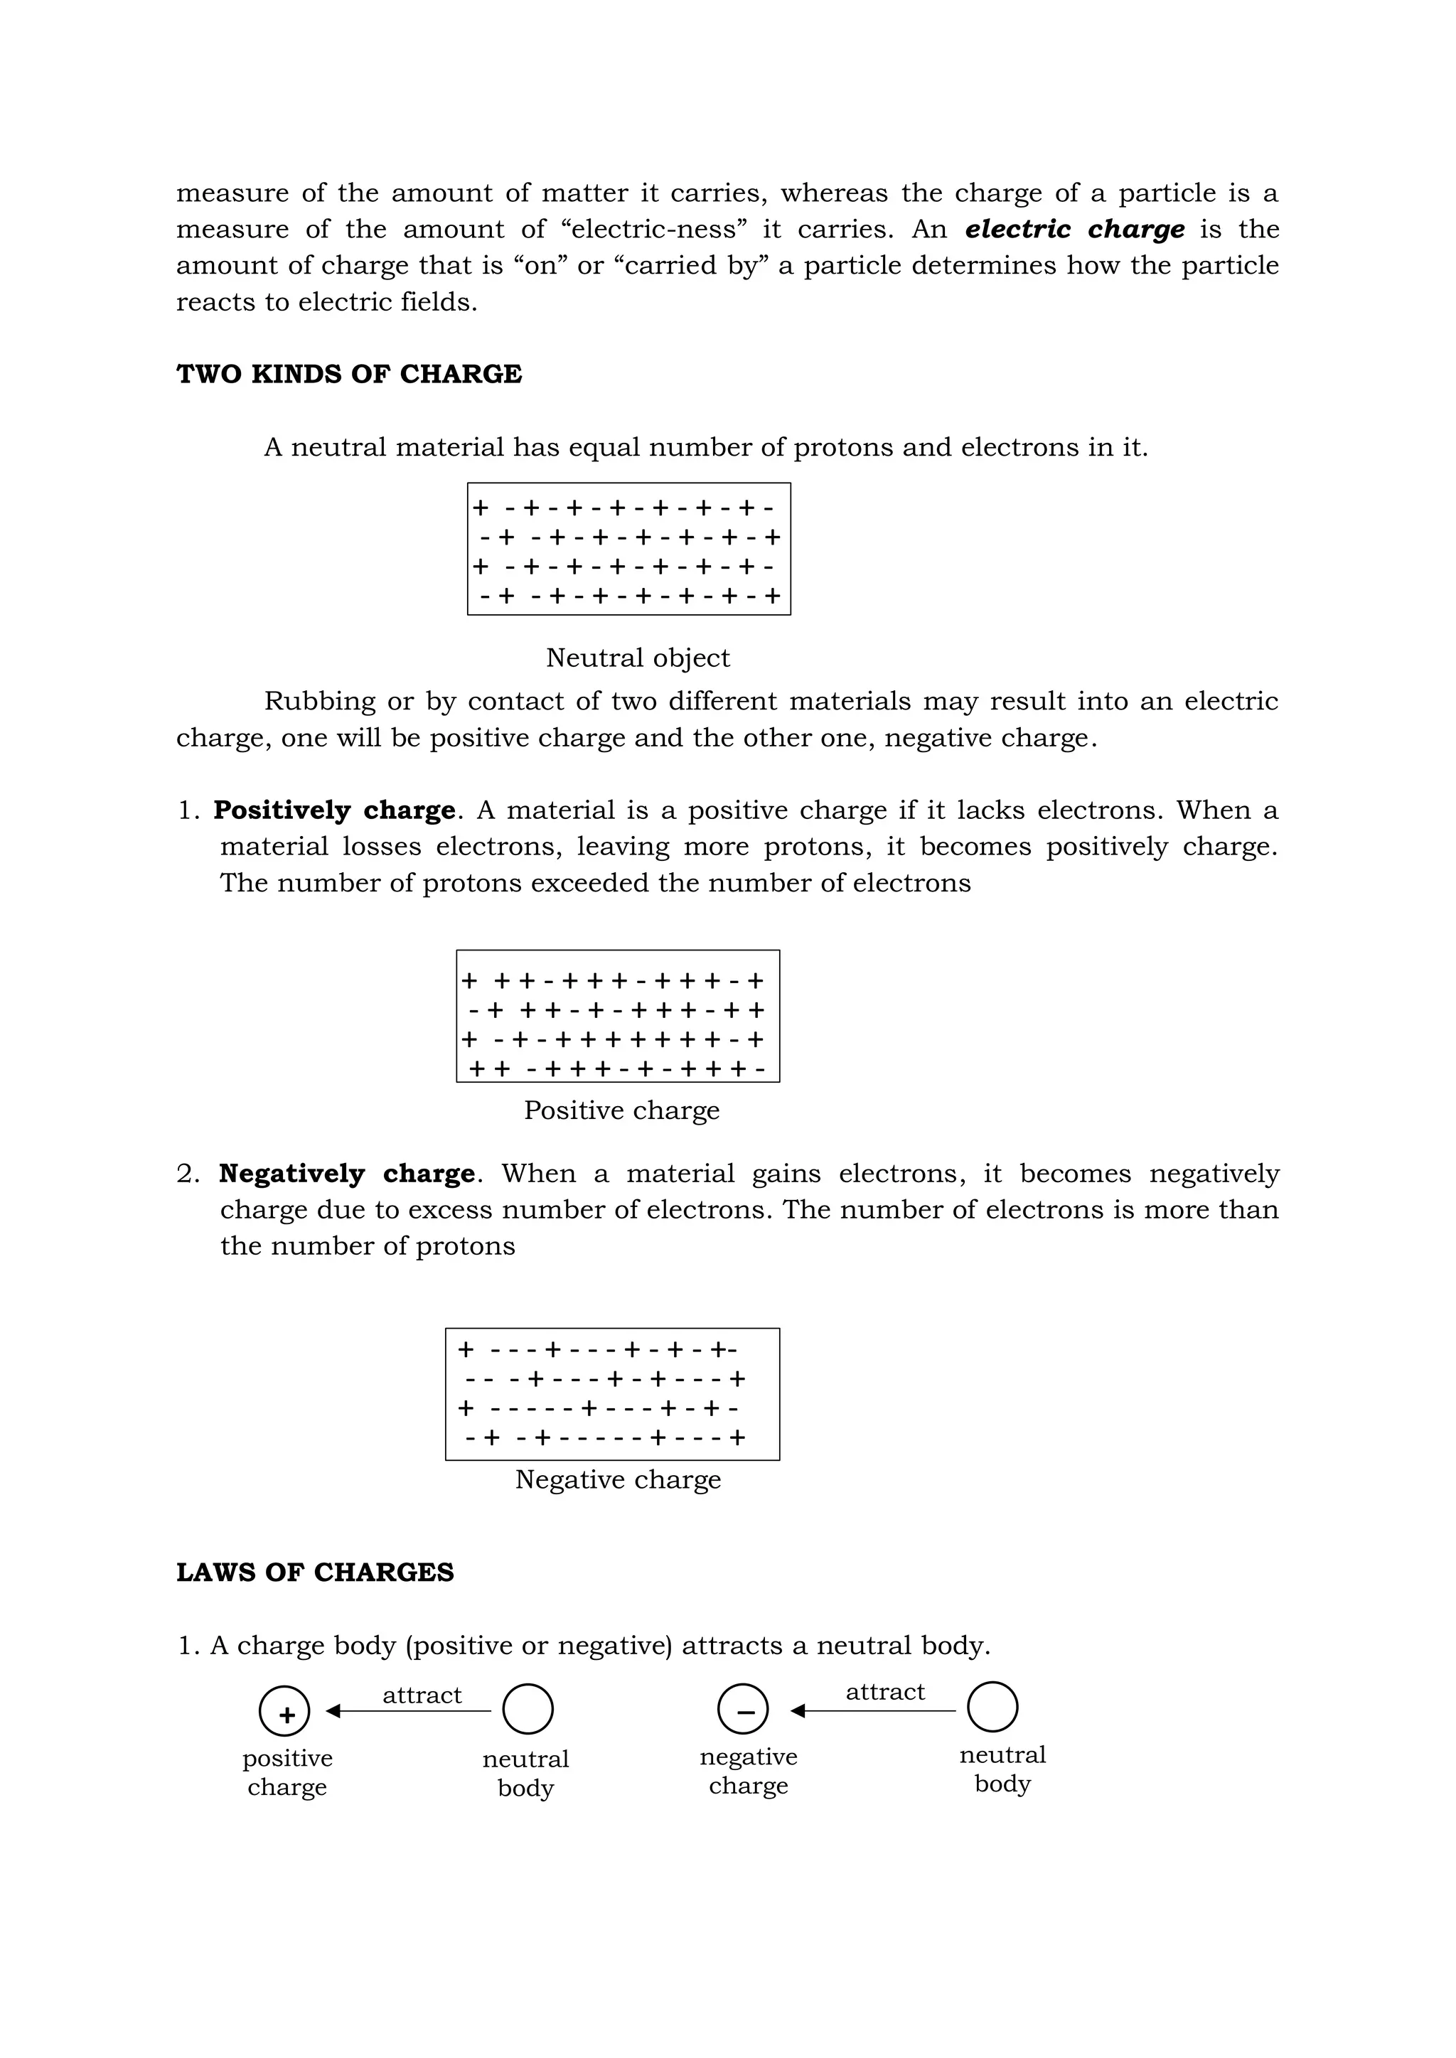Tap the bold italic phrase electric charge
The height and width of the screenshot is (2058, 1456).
(x=1074, y=230)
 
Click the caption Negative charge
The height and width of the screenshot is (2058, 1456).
(x=618, y=1480)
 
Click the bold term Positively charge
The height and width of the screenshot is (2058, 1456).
(x=334, y=810)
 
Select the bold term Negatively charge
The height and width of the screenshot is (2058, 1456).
(x=347, y=1174)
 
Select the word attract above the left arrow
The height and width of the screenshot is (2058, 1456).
(x=422, y=1695)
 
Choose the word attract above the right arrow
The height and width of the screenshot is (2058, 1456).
(x=885, y=1691)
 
